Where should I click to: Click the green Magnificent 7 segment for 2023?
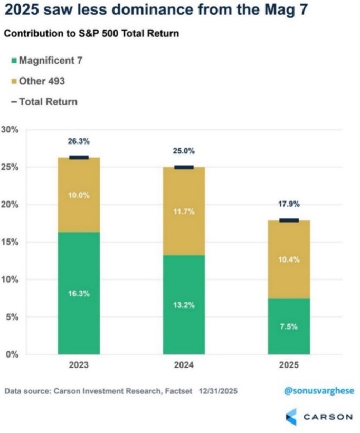coord(79,293)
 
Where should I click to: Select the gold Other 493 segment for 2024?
coord(183,211)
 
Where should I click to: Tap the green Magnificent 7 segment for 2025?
coord(289,326)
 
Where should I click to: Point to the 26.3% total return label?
coord(79,141)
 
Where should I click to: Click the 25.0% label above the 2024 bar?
coord(184,151)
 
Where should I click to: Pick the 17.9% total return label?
coord(289,204)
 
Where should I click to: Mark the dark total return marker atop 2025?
coord(289,220)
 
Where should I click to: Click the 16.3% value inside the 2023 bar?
coord(79,294)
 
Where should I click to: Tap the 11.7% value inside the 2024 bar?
coord(184,211)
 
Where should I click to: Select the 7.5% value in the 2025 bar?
coord(289,326)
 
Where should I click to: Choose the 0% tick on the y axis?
coord(12,354)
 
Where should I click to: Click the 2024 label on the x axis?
coord(184,365)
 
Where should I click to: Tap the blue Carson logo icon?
coord(291,417)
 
